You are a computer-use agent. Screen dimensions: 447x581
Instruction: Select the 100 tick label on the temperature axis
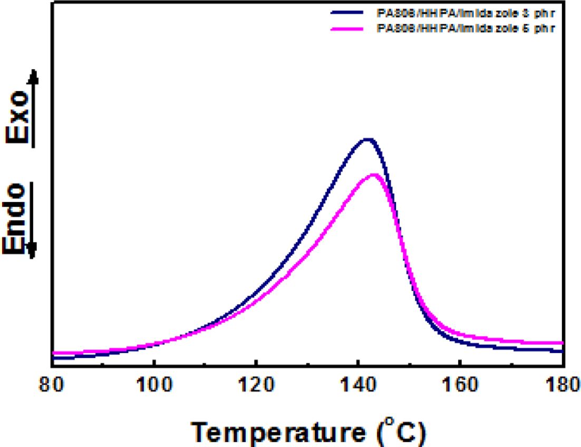(153, 386)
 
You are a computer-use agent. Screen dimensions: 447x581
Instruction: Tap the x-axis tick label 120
(256, 386)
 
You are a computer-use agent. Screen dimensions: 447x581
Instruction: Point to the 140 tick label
(358, 386)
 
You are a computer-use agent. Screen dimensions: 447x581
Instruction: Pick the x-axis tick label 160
(460, 386)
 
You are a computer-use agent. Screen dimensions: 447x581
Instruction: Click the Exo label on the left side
(17, 119)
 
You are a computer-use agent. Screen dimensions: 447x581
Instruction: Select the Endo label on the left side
(17, 219)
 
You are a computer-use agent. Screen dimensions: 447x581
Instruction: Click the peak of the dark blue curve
(367, 139)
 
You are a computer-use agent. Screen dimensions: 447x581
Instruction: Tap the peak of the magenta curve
(374, 174)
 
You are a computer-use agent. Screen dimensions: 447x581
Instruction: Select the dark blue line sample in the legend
(348, 11)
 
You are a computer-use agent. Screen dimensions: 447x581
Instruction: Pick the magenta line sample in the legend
(348, 29)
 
